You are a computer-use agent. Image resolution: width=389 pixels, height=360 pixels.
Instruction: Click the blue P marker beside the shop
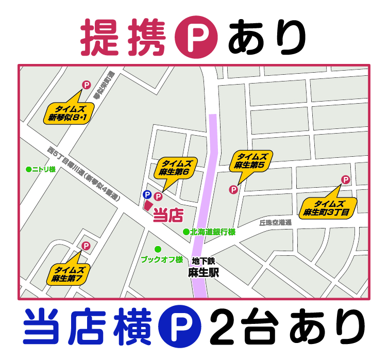(147, 195)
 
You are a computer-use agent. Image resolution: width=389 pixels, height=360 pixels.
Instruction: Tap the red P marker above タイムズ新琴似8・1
(86, 85)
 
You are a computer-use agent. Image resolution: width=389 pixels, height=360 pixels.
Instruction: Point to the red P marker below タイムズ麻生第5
(233, 190)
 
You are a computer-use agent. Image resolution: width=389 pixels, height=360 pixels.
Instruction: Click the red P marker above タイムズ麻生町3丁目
(346, 180)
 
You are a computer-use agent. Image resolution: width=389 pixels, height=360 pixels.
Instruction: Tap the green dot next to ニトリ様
(28, 169)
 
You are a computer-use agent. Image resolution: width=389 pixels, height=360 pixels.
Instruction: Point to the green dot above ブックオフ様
(158, 249)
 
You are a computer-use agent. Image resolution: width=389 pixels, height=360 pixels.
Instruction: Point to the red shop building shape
(148, 205)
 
